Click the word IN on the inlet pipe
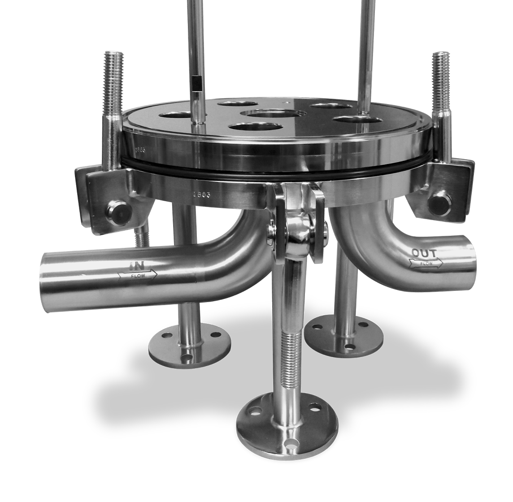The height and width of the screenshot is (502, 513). [x=134, y=265]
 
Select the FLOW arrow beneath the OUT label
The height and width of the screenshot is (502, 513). [x=426, y=263]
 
